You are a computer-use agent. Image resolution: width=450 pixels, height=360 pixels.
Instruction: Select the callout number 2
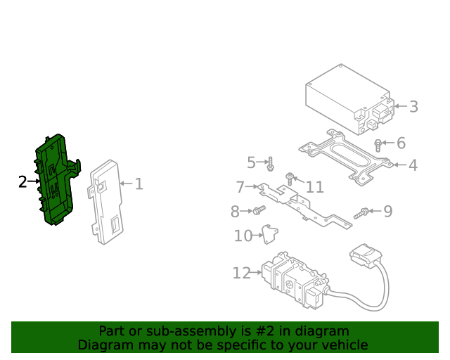22,182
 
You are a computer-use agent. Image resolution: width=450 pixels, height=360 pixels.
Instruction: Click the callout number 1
139,184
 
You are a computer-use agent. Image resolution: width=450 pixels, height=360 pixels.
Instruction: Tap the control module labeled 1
106,200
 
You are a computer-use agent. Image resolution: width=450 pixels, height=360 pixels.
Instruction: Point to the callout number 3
413,107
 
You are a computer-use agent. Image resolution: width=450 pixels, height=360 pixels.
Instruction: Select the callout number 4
413,165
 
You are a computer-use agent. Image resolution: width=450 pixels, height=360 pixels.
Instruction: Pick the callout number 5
251,163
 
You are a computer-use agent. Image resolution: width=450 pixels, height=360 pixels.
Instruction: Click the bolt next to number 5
270,165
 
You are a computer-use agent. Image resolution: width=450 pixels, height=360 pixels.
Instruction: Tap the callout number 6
401,143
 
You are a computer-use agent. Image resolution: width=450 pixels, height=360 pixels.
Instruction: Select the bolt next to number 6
378,146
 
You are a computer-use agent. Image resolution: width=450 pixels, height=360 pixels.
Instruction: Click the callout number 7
240,187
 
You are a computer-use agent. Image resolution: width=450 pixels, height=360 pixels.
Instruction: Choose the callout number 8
235,211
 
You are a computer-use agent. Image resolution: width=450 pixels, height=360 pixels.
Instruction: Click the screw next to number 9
362,212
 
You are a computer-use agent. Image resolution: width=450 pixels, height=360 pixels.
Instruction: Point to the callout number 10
243,236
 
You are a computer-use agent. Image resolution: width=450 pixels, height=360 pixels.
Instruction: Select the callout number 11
314,187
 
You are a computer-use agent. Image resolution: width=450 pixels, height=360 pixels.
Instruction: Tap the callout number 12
241,273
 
